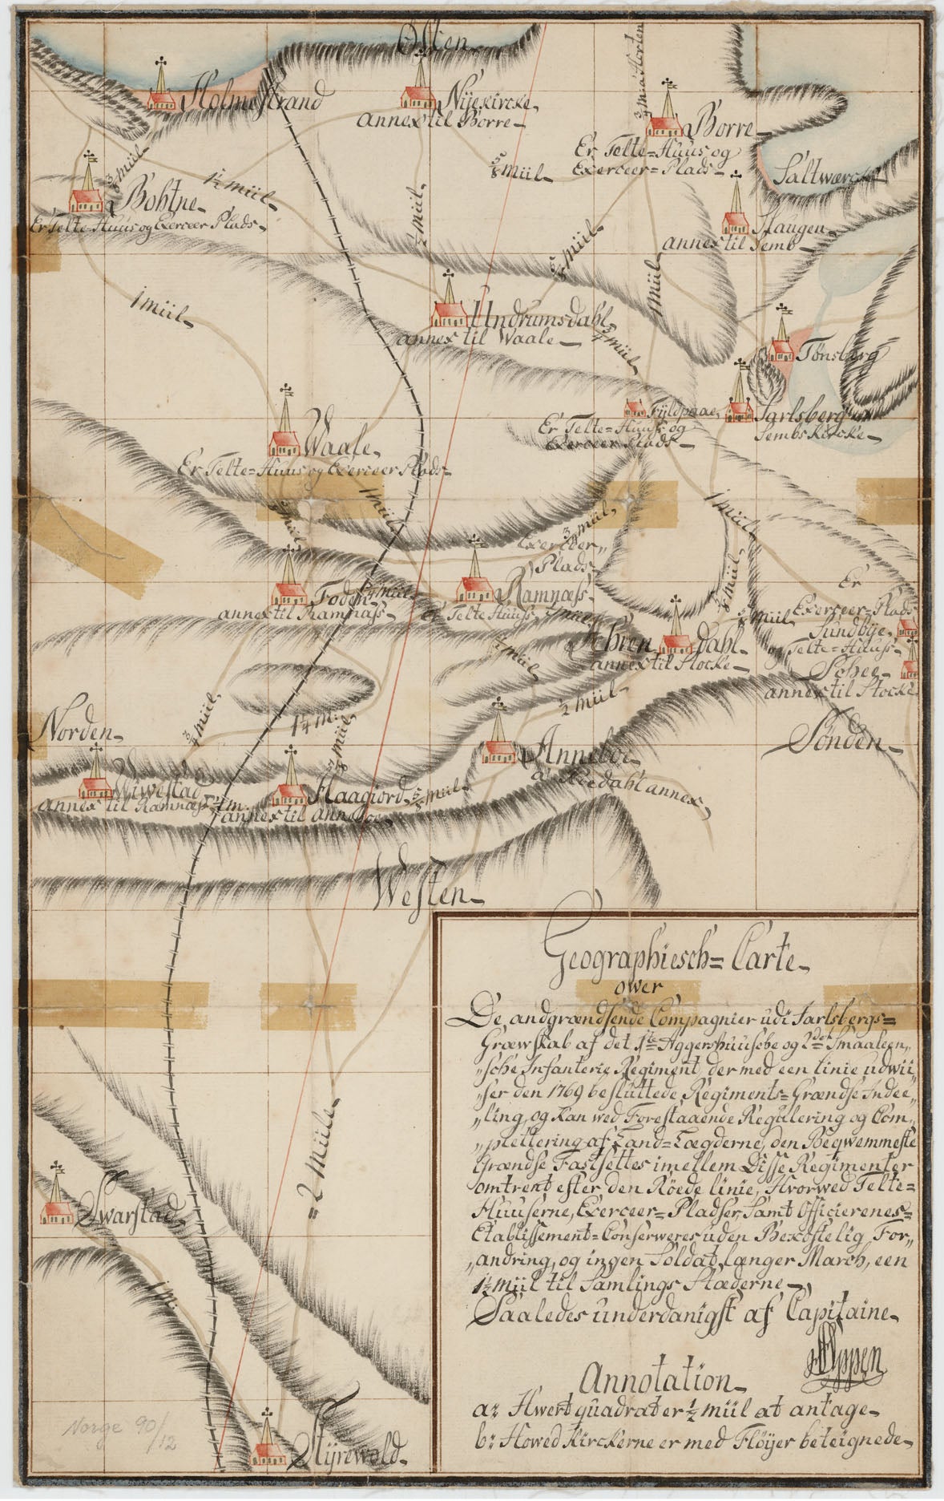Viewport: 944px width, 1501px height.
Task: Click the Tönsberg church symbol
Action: [x=781, y=343]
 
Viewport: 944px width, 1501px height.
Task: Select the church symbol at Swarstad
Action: [x=57, y=1202]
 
